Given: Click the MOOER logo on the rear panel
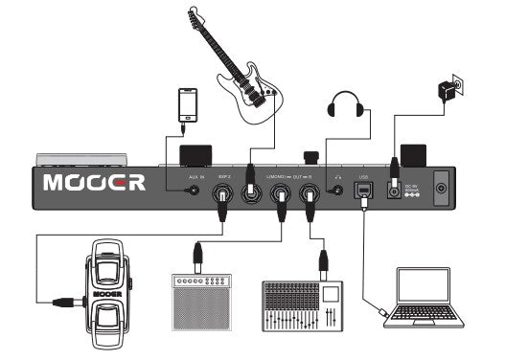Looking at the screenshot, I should pyautogui.click(x=94, y=181).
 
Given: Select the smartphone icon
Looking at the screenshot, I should pyautogui.click(x=186, y=105).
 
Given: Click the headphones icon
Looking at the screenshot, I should pyautogui.click(x=347, y=104).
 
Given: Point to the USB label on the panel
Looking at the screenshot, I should pyautogui.click(x=363, y=177).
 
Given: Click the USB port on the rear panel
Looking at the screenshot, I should pyautogui.click(x=365, y=192).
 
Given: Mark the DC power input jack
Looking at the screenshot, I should pyautogui.click(x=393, y=191).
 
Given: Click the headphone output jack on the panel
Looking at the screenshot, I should pyautogui.click(x=338, y=191).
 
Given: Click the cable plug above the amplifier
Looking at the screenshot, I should pyautogui.click(x=196, y=255).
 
